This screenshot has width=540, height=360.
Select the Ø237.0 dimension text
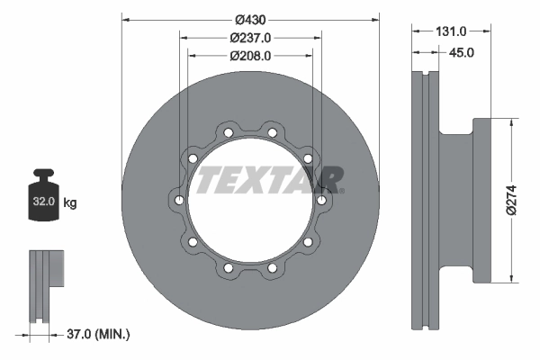click(x=250, y=37)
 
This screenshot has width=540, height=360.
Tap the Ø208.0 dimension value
click(x=250, y=55)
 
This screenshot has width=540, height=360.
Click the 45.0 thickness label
click(x=462, y=52)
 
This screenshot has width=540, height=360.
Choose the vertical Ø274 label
click(x=510, y=200)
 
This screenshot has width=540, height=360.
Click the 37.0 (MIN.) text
click(x=99, y=334)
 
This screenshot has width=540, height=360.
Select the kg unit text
click(x=70, y=203)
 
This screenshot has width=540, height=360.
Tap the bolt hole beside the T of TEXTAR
click(x=180, y=200)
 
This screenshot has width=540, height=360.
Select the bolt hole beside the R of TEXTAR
click(x=320, y=200)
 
